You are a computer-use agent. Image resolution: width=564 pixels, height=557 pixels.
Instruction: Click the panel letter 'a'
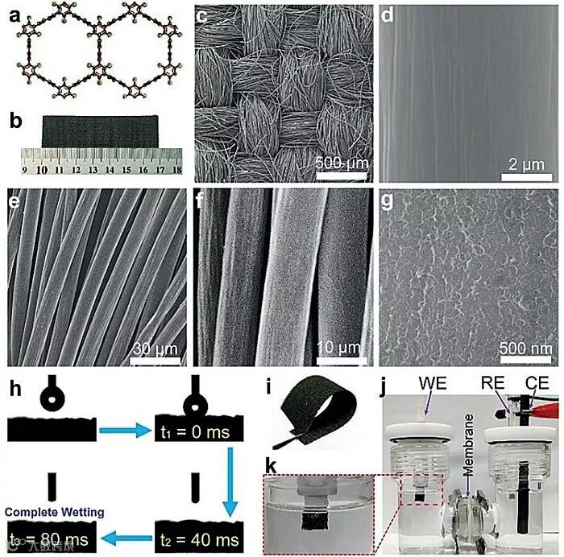(x=11, y=10)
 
